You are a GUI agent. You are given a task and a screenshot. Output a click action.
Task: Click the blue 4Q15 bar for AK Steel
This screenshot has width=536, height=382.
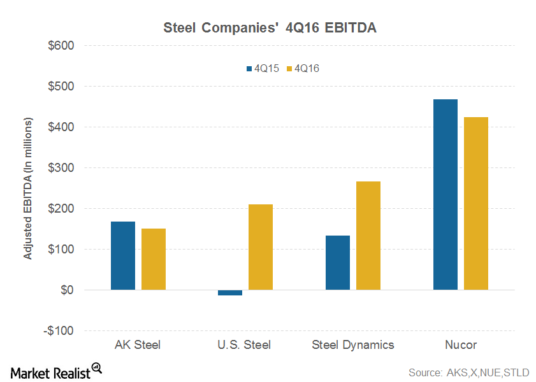tap(122, 255)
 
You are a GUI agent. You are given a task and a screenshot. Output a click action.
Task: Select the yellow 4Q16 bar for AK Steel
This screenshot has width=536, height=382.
tap(154, 259)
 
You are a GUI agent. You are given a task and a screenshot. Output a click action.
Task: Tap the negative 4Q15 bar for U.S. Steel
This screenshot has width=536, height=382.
tap(230, 292)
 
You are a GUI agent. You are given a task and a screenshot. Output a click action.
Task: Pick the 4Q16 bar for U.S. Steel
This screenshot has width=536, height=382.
tap(261, 247)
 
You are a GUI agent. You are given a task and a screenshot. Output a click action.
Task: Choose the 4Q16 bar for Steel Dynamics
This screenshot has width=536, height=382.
tap(368, 236)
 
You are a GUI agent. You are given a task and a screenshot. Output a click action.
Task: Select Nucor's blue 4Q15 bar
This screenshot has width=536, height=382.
tap(445, 194)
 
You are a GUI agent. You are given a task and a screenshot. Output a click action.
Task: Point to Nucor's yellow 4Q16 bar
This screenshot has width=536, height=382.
tap(476, 203)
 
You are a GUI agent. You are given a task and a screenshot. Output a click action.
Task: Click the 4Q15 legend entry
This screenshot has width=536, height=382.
tap(257, 67)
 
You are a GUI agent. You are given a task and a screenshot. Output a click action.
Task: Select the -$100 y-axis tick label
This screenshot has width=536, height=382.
tap(59, 331)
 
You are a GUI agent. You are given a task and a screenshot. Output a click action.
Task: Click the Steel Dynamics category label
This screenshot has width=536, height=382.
tap(353, 345)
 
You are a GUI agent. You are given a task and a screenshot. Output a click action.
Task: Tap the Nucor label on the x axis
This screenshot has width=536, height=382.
tap(461, 345)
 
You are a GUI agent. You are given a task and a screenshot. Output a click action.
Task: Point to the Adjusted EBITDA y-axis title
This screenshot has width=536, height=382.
tap(28, 188)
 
